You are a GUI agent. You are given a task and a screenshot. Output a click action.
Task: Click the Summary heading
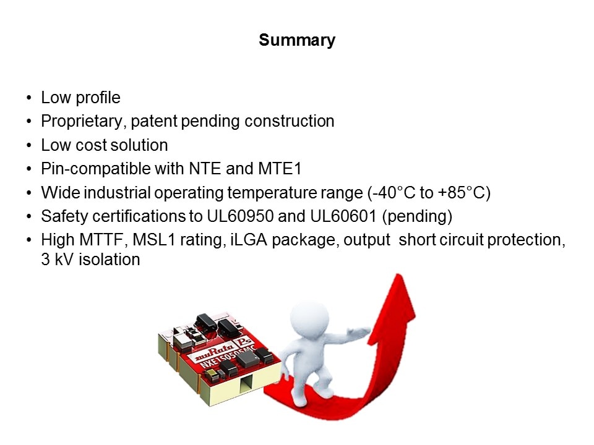pos(297,40)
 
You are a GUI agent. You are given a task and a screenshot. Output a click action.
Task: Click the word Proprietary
pos(82,122)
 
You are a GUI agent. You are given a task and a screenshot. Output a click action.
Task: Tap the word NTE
pos(205,168)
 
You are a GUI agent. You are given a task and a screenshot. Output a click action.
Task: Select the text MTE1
pos(280,168)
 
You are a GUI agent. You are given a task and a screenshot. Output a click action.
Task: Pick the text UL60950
pos(240,216)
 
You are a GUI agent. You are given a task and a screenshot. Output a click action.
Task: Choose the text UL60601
pos(343,216)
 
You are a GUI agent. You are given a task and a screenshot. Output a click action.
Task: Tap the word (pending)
pos(417,217)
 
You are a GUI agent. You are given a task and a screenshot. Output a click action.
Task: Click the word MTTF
pos(102,240)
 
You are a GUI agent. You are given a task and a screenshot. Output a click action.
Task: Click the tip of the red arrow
pos(398,274)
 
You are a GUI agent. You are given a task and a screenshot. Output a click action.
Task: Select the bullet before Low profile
pos(29,98)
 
